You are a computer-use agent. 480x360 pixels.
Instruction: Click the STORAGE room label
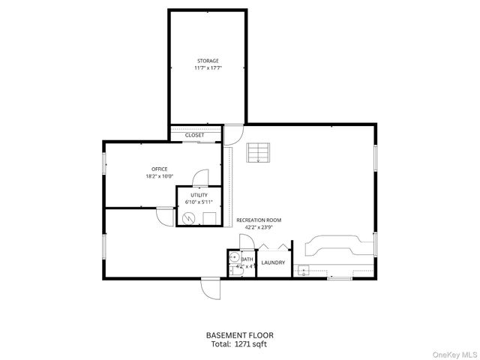tap(208, 60)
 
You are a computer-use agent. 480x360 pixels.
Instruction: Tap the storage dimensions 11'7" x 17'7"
tap(208, 67)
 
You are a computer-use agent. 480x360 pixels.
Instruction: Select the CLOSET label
tap(193, 135)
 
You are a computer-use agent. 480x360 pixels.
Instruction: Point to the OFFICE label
tap(159, 169)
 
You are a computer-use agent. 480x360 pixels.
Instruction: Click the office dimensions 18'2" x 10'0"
tap(159, 176)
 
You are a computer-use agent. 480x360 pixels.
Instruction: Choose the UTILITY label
tap(199, 194)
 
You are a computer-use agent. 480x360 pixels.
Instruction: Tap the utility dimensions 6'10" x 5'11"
tap(199, 201)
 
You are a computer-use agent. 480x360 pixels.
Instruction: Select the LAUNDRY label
tap(273, 262)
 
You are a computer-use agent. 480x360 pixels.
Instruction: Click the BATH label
tap(247, 259)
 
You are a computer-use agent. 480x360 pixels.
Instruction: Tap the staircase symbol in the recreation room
tap(259, 153)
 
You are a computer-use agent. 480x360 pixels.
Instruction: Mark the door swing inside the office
tap(200, 177)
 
